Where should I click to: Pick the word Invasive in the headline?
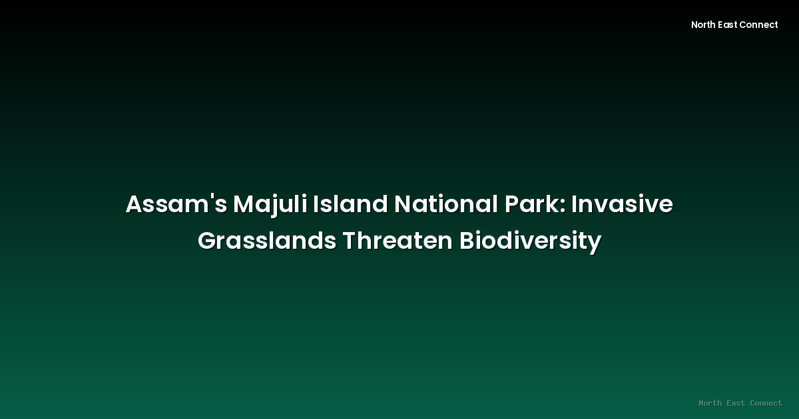623,205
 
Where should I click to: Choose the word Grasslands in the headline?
267,241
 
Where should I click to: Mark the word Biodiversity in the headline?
530,241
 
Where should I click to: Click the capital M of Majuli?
244,205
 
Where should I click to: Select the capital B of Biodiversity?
466,241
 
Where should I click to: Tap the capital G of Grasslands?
207,241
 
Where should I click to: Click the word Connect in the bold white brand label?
758,25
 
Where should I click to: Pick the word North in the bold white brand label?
703,25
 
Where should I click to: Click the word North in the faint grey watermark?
710,403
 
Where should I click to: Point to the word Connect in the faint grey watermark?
766,403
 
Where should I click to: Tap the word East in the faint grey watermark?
736,403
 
